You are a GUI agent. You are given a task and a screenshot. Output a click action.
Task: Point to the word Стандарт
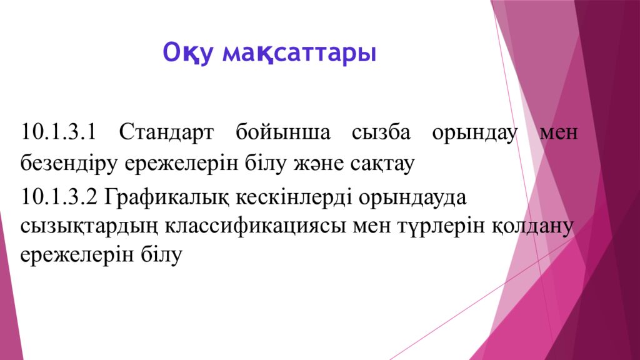click(x=166, y=133)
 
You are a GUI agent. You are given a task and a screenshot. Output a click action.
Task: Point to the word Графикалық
click(x=167, y=197)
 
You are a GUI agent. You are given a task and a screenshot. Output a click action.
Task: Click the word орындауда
click(x=413, y=197)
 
